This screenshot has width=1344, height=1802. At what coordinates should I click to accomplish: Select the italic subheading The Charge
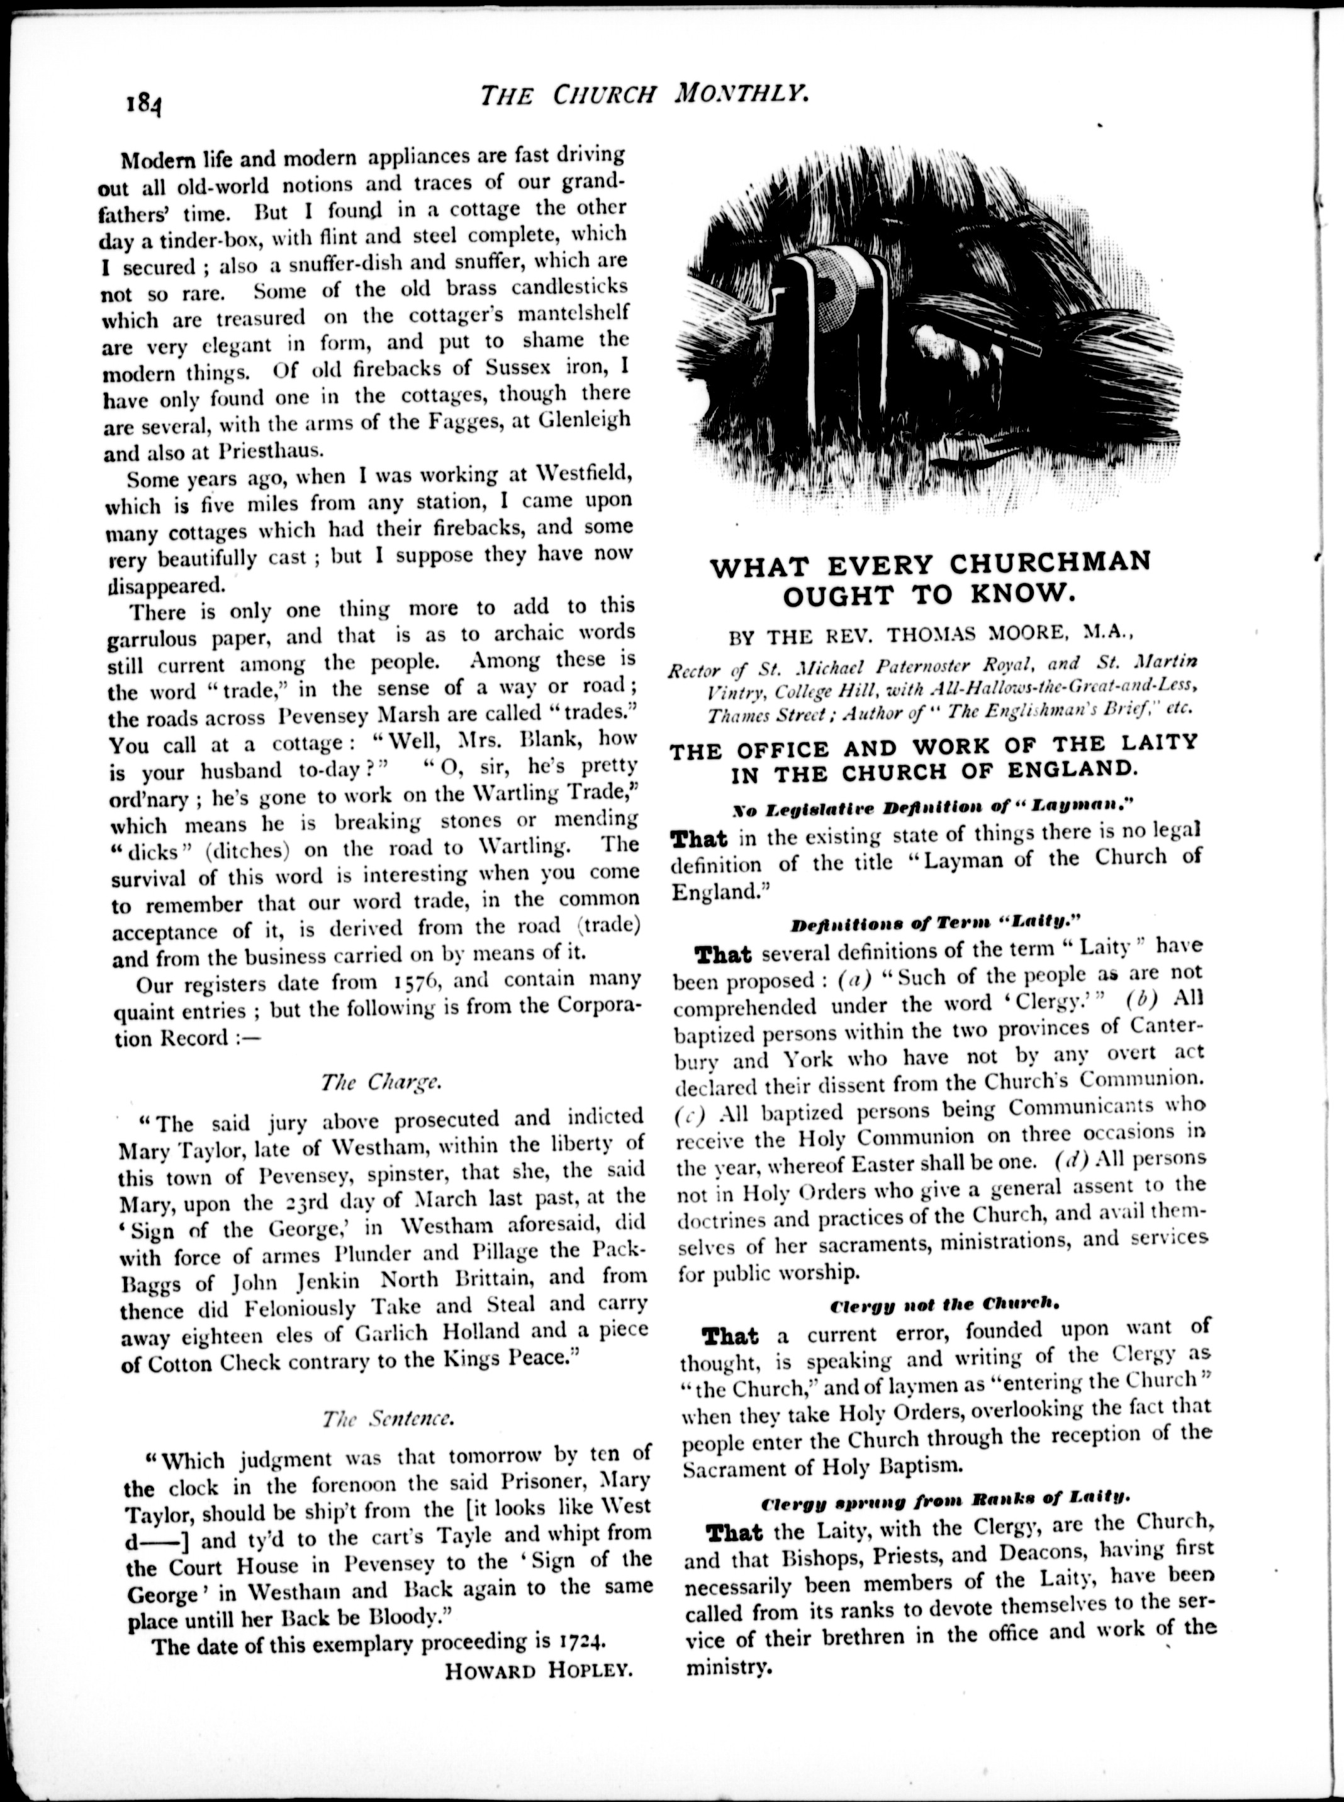click(x=380, y=1082)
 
